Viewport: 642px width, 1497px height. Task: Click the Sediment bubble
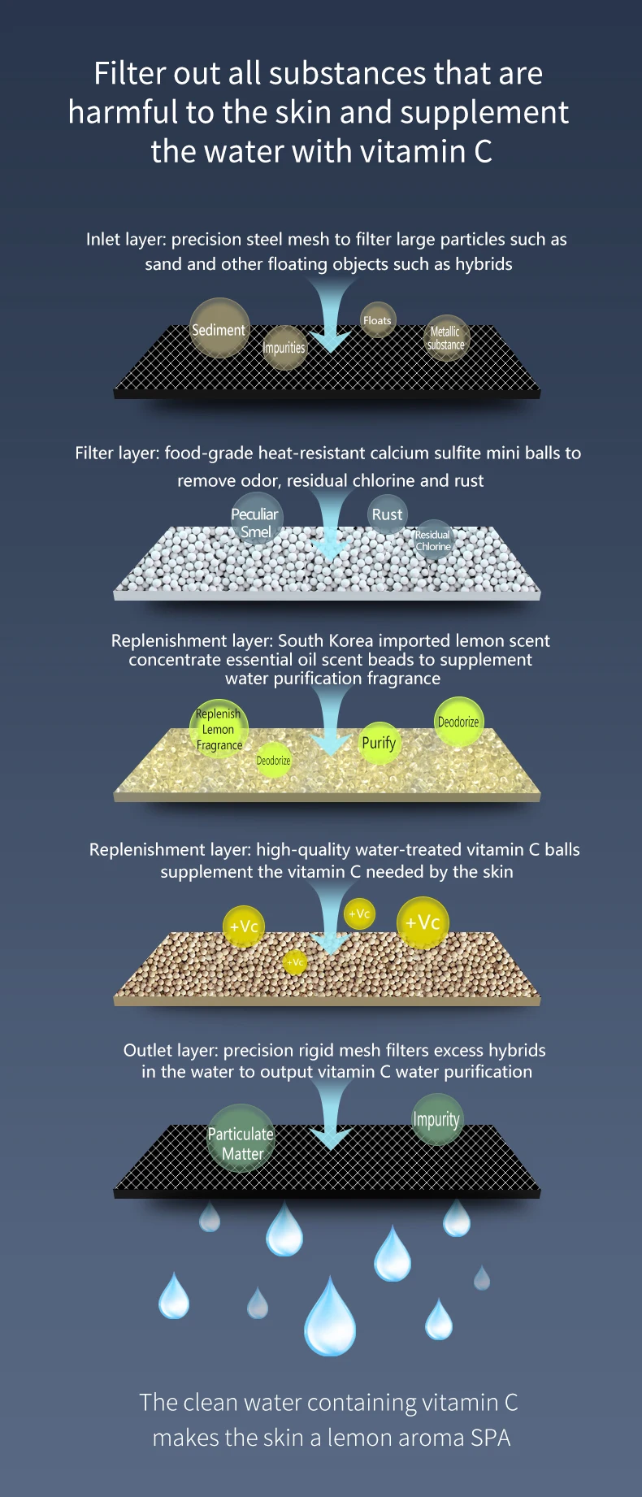pos(219,328)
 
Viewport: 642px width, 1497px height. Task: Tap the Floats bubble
pos(377,320)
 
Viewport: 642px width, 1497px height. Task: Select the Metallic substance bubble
pos(446,338)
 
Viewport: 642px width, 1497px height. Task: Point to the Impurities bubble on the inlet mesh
pos(284,348)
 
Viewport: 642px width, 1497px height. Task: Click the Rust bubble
pos(387,514)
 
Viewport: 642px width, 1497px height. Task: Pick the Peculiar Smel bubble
pos(255,523)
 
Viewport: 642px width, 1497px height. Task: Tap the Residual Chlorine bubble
pos(433,540)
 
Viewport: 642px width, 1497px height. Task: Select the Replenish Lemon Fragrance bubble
pos(219,729)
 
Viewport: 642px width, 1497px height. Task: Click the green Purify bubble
pos(379,743)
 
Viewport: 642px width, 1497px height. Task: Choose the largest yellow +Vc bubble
pos(423,923)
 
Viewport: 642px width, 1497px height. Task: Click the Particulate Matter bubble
pos(241,1138)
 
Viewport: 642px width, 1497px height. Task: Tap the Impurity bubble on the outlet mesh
pos(436,1119)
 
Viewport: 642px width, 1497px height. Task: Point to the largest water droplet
pos(330,1318)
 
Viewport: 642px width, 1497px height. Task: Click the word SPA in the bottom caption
pos(490,1438)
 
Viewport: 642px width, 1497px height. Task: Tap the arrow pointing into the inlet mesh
pos(331,317)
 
